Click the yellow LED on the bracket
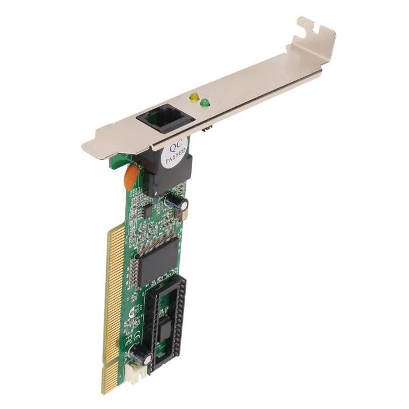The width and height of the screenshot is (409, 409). [193, 97]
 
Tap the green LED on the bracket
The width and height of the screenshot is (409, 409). [204, 103]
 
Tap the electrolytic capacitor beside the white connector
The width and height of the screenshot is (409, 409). [142, 355]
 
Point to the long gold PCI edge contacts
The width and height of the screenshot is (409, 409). [115, 292]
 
